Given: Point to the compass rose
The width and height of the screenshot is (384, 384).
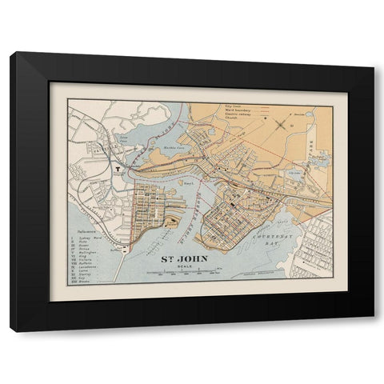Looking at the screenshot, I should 279,122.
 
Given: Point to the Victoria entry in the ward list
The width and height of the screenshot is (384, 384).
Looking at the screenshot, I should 83,259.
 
